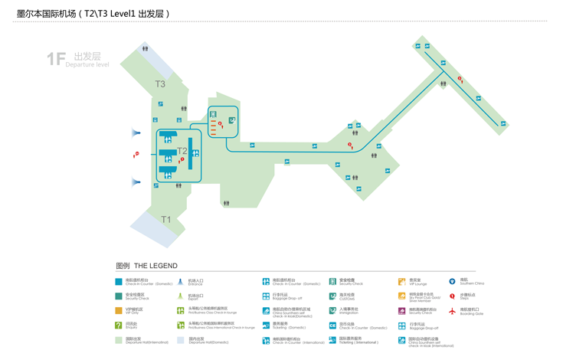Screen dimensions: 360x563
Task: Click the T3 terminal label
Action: click(x=160, y=84)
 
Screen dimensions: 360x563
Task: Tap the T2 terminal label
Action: click(x=182, y=150)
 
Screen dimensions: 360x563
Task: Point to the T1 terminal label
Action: click(x=166, y=220)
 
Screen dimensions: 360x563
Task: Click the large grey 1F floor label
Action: click(x=56, y=59)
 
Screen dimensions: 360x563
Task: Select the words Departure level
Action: click(x=87, y=65)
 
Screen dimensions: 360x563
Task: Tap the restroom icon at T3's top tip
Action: click(x=145, y=49)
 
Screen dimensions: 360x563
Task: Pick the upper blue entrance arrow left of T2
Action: click(x=136, y=133)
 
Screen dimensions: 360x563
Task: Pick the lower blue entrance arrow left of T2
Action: click(x=136, y=182)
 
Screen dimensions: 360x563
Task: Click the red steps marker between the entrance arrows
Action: click(x=136, y=155)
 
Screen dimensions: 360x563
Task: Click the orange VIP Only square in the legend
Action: click(x=119, y=311)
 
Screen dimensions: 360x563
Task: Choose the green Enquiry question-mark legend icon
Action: click(x=119, y=325)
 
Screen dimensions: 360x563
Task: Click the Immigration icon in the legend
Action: click(x=332, y=311)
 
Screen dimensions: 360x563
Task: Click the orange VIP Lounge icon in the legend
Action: click(x=401, y=282)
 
